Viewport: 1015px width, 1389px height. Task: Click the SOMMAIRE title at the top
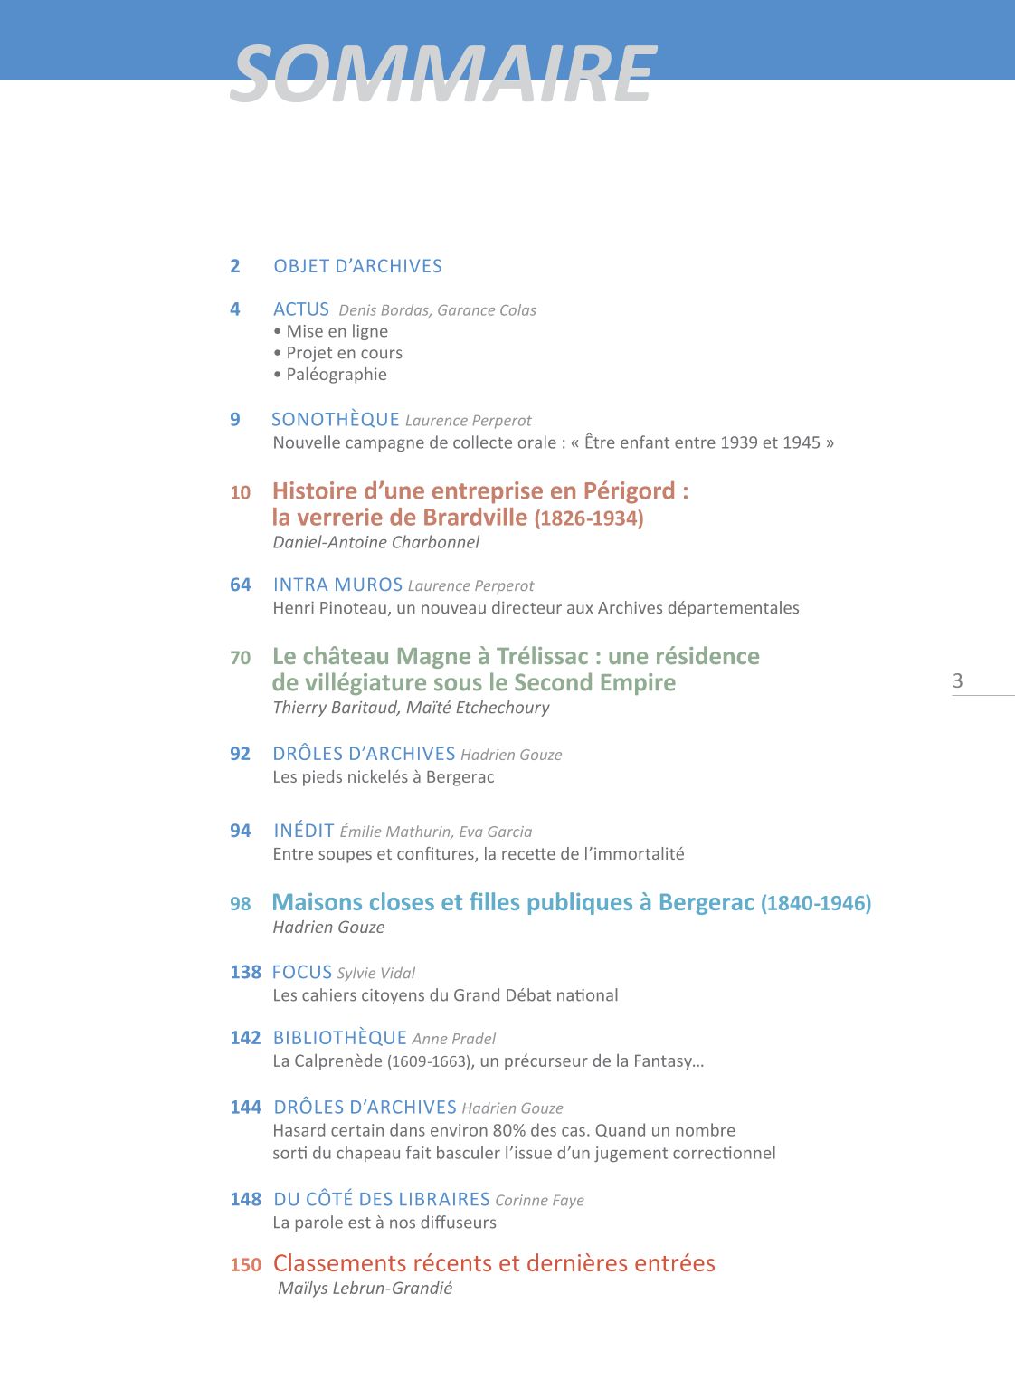443,74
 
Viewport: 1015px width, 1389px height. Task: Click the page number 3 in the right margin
958,680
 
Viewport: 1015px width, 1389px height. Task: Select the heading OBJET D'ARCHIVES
357,266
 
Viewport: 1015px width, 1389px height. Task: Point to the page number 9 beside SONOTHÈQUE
235,420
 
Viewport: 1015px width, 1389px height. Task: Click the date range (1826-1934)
589,518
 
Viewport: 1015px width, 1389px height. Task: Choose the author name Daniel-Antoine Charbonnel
376,542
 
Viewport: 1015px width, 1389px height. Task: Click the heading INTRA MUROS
337,585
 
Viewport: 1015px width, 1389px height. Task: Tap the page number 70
240,658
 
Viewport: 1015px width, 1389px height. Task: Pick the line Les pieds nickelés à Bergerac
384,777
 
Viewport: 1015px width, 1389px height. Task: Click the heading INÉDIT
304,831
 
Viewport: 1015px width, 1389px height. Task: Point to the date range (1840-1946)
816,903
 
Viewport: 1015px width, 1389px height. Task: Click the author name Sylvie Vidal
375,974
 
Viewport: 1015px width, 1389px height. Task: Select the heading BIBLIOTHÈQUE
340,1038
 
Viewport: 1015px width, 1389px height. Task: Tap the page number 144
245,1108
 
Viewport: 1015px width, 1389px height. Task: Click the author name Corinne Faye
539,1201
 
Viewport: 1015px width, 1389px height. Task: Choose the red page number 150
245,1265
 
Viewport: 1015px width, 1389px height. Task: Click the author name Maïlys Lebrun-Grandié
365,1289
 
